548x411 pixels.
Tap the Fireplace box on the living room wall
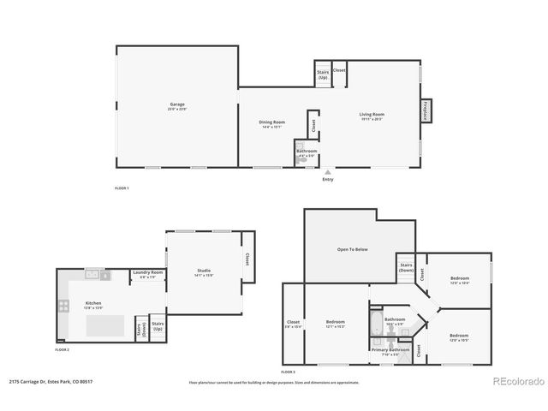click(425, 110)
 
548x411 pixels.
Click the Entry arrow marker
click(328, 172)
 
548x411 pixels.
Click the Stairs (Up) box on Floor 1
click(323, 74)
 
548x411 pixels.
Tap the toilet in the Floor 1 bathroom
click(301, 159)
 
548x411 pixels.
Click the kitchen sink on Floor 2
click(93, 276)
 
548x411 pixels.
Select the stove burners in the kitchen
click(63, 306)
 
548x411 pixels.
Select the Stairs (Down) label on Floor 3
click(407, 267)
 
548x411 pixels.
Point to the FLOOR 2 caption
click(62, 350)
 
